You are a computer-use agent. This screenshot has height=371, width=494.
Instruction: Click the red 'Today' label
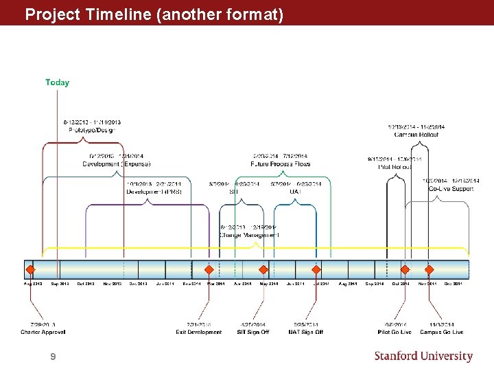[57, 82]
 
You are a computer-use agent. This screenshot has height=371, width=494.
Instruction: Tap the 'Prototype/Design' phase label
[92, 130]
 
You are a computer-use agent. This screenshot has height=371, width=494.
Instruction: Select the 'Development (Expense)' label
[116, 164]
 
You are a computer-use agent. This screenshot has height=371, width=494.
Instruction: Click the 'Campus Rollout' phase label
[416, 135]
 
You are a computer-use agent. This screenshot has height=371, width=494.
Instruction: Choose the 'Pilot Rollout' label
[395, 167]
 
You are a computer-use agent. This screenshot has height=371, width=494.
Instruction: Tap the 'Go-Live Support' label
[451, 189]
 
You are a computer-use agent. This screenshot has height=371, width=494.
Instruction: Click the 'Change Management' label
[249, 236]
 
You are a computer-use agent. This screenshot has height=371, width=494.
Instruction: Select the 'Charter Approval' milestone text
[43, 333]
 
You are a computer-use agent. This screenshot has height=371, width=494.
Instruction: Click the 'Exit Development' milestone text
[199, 333]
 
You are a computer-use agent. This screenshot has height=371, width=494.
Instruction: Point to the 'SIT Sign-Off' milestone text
[253, 333]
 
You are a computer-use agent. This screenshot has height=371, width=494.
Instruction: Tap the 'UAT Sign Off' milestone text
[305, 333]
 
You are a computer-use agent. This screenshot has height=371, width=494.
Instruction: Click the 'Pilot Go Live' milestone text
[395, 333]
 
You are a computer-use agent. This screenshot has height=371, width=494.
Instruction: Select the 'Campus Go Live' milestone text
[441, 333]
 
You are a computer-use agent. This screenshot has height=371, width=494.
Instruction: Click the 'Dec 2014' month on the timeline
[453, 284]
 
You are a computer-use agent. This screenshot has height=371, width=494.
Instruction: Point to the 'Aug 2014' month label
[347, 284]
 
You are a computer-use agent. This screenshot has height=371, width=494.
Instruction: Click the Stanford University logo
[423, 356]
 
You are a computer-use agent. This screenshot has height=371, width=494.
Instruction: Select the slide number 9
[53, 357]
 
